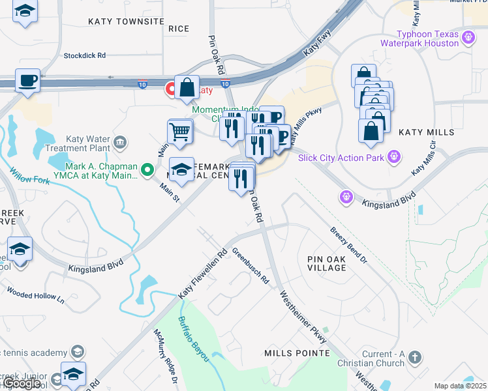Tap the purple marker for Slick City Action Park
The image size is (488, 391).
point(393,156)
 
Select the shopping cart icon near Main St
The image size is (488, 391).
point(180,132)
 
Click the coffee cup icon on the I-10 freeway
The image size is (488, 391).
point(27,81)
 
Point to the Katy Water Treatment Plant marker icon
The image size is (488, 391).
point(119,142)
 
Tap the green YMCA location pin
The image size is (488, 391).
point(148,171)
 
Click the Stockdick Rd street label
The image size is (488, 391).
point(84,56)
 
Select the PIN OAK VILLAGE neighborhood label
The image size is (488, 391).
point(336,263)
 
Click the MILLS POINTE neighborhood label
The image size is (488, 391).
point(297,353)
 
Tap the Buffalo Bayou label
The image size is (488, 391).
point(194,339)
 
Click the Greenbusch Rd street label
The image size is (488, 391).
point(251,267)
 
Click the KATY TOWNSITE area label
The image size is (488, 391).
point(127,22)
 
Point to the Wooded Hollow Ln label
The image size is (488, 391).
point(35,295)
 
